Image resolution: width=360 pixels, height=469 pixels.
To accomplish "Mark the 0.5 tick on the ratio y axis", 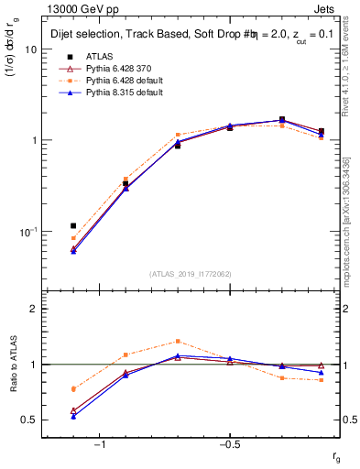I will click(x=30, y=420).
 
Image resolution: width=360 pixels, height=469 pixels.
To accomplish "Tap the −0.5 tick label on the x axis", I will click(x=228, y=444).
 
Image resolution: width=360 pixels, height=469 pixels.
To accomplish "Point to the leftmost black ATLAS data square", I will click(x=73, y=225).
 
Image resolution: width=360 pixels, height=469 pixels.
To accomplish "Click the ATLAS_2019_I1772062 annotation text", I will click(x=191, y=274).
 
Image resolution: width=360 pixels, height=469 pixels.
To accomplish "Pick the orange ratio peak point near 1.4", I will click(x=178, y=341).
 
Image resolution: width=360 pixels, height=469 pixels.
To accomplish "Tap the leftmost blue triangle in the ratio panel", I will click(x=73, y=416).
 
